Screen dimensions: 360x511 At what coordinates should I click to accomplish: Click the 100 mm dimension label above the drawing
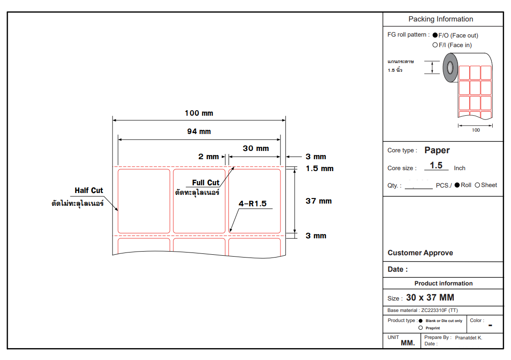click(199, 113)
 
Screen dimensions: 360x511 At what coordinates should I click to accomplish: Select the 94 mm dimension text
click(199, 131)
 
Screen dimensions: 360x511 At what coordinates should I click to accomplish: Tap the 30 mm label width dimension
click(256, 148)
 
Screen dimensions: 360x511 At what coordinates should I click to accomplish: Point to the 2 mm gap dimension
click(209, 156)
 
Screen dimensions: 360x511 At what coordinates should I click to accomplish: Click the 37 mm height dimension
click(318, 201)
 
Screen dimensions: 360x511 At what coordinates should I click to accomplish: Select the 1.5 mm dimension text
click(319, 168)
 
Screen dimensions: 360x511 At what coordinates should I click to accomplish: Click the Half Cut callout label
click(89, 190)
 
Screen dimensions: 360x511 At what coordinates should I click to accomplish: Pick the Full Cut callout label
click(205, 183)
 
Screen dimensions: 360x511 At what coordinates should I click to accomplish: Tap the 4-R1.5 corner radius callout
click(253, 204)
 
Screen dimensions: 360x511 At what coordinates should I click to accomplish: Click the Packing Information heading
click(441, 19)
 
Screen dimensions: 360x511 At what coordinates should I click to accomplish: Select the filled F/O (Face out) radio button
click(435, 35)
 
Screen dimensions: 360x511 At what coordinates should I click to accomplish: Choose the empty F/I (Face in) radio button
click(435, 45)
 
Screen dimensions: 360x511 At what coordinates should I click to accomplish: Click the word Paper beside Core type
click(437, 150)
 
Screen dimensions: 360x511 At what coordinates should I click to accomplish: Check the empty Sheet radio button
click(478, 185)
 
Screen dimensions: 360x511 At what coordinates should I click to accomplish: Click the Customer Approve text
click(420, 253)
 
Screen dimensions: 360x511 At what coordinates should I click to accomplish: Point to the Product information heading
click(443, 283)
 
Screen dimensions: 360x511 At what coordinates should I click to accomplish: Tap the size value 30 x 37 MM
click(430, 297)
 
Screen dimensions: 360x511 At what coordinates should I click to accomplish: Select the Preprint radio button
click(420, 328)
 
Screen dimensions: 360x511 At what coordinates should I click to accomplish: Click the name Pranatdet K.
click(468, 338)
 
